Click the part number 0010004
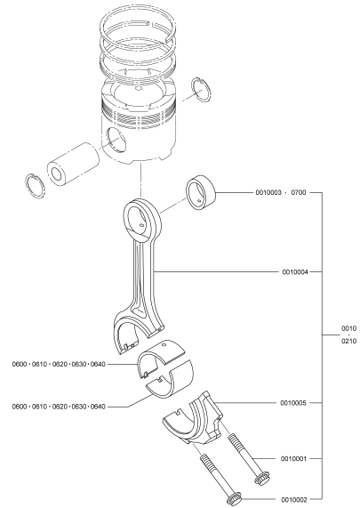295,271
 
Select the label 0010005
293,403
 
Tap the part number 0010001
293,458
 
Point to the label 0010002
294,500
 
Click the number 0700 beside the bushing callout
299,192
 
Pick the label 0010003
268,192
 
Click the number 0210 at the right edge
349,341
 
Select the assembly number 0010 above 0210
349,328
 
